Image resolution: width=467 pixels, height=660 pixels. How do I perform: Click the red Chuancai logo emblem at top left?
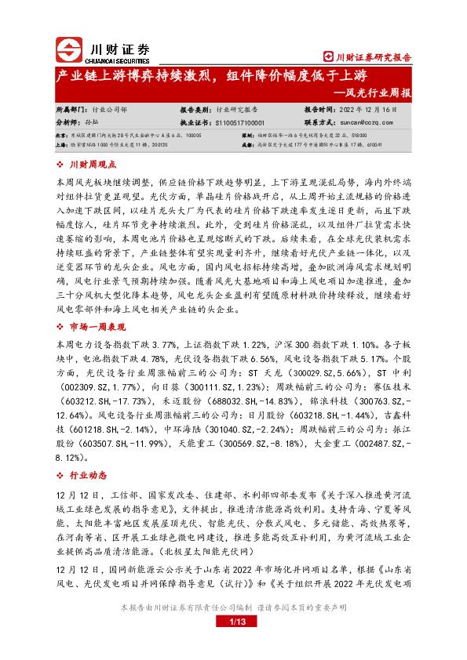(67, 50)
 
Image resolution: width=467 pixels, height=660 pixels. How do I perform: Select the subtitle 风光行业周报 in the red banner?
(379, 92)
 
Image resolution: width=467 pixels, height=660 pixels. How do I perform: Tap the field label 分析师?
(69, 123)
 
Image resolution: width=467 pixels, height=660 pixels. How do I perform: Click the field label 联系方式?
(319, 123)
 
